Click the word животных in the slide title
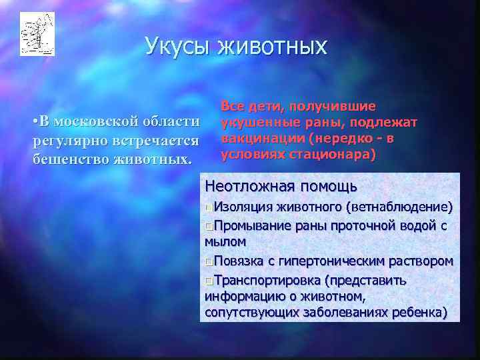272,47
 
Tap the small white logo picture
37,33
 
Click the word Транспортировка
266,279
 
